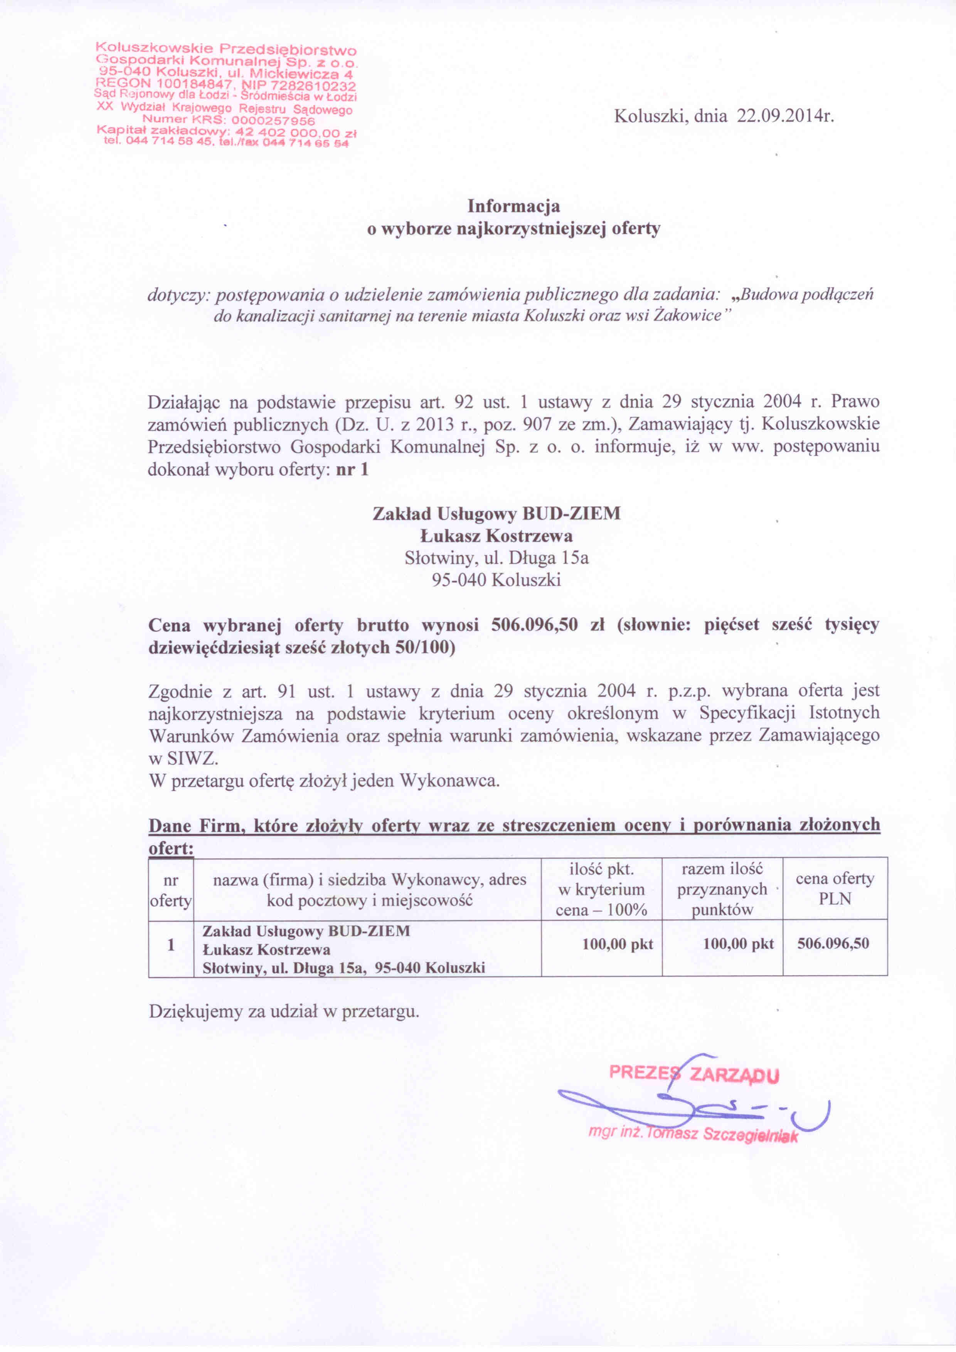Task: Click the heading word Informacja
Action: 513,206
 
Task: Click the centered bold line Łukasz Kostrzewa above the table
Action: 496,536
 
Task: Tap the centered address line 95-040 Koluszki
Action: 496,580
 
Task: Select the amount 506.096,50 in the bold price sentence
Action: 534,625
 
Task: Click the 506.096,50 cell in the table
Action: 833,943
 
